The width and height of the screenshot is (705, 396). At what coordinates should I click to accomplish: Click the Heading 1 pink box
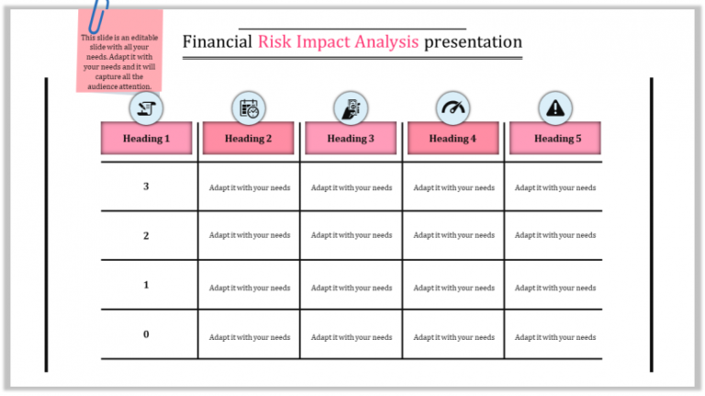click(x=147, y=138)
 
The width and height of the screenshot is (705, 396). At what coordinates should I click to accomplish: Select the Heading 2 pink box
click(x=249, y=138)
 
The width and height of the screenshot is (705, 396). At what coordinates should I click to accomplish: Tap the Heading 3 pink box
click(x=352, y=138)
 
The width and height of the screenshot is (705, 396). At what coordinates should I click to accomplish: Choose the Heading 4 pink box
click(x=453, y=138)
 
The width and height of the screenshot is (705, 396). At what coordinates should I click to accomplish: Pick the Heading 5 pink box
click(x=554, y=138)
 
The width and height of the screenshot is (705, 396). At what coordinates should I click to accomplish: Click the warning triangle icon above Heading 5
click(x=554, y=107)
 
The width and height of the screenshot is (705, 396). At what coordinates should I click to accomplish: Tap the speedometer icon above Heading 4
click(x=453, y=107)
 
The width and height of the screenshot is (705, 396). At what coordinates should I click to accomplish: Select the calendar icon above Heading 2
click(x=249, y=107)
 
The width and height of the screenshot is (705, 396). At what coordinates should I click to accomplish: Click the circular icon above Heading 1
click(x=147, y=107)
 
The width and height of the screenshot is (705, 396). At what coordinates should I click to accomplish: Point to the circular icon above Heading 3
click(x=352, y=107)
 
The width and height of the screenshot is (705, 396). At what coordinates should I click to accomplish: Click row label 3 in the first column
click(x=146, y=187)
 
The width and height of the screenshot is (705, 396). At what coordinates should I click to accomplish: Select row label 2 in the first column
click(x=146, y=235)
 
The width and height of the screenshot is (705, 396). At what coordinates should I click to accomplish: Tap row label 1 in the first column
click(x=146, y=285)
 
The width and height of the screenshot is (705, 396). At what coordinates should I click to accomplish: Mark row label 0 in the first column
click(x=146, y=334)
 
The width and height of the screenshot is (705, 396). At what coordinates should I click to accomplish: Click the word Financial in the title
click(x=218, y=41)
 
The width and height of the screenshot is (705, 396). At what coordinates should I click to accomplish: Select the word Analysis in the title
click(x=382, y=41)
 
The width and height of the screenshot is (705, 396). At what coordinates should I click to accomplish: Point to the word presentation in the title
click(x=474, y=41)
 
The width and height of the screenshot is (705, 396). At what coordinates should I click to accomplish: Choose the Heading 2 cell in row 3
click(x=249, y=187)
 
